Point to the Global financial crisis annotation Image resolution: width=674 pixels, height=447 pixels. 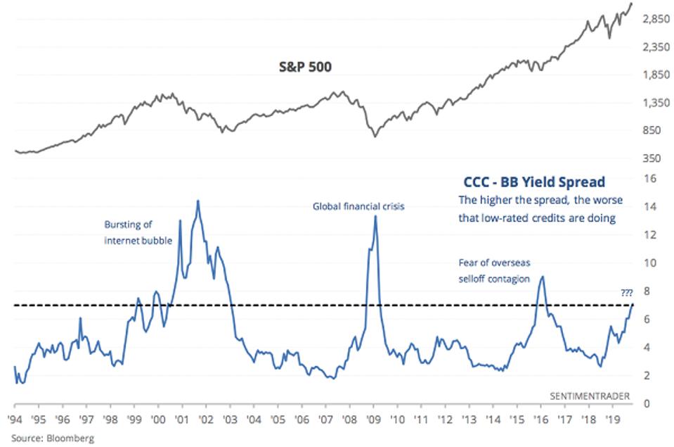point(358,207)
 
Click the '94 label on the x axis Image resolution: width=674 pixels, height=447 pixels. point(14,417)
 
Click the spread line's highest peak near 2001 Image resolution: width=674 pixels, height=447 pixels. point(197,201)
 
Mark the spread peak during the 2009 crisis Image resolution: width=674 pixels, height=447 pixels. point(375,216)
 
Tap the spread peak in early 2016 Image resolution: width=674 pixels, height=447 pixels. point(542,277)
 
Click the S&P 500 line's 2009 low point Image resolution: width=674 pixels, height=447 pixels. point(375,137)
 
